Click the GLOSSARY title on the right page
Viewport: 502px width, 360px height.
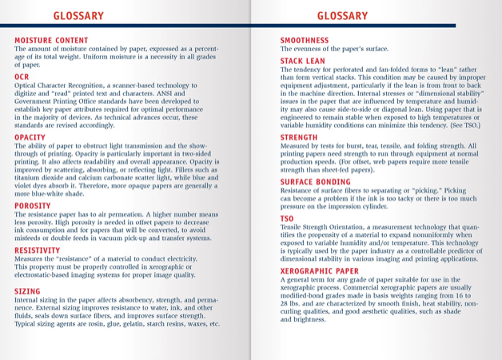(342, 15)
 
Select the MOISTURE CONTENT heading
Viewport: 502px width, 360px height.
(51, 40)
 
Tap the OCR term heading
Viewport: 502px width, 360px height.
(22, 76)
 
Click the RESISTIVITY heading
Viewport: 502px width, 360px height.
(37, 250)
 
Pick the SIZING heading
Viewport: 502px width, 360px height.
(27, 291)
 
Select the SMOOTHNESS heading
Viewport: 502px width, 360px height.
(304, 40)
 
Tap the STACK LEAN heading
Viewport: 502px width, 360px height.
(302, 61)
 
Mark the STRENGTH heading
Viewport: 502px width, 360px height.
(298, 137)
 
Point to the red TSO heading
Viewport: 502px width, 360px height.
(287, 218)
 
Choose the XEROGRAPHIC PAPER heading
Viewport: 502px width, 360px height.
(319, 271)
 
